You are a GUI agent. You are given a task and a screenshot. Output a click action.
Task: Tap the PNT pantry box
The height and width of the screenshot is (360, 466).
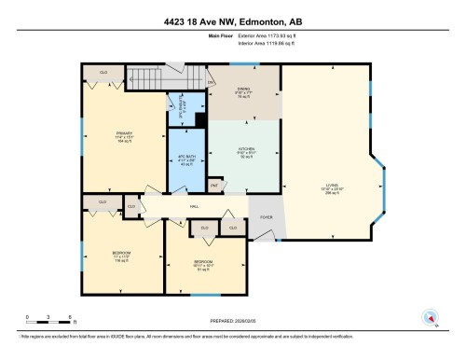click(x=214, y=185)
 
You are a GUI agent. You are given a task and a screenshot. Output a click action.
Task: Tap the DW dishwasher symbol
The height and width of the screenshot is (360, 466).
click(x=211, y=83)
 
